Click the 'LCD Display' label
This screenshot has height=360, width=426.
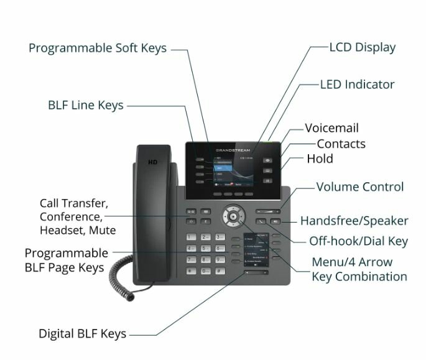tap(362, 48)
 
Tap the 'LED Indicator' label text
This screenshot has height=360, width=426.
tap(357, 85)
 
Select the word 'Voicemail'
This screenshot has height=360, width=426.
tap(331, 129)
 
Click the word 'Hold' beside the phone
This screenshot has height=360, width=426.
tap(320, 159)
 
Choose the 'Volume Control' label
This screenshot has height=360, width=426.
tap(360, 187)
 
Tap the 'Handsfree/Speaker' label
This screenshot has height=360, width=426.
tap(354, 221)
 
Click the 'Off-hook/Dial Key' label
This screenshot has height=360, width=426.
tap(358, 241)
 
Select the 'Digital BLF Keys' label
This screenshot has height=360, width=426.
tap(82, 334)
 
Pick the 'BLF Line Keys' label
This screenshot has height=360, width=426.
tap(86, 105)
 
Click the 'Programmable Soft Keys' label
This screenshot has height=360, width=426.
tap(98, 48)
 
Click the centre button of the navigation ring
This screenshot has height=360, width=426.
tap(233, 216)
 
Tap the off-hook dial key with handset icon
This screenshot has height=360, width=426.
tap(261, 221)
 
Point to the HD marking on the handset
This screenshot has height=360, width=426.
tap(152, 163)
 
